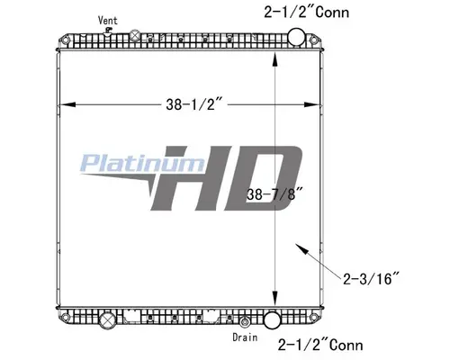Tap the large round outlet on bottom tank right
273,318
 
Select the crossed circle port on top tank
135,36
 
